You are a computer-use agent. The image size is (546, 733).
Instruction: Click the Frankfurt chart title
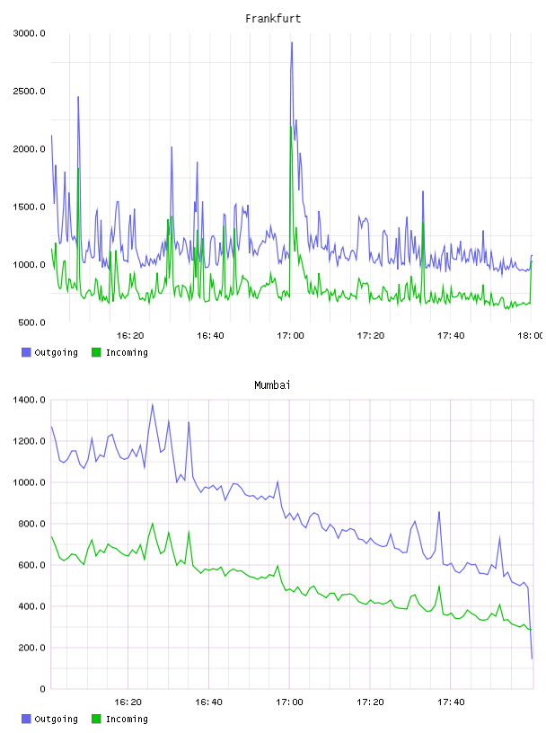273,19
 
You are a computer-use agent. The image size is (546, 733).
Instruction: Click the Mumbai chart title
272,385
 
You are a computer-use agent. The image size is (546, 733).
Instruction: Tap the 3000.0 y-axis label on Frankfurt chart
29,33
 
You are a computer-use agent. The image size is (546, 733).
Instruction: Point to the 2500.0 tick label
29,91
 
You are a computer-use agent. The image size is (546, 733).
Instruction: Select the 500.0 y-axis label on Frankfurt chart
31,322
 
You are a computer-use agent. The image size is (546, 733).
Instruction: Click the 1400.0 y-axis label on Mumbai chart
29,400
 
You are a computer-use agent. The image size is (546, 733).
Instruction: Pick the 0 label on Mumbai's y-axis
42,689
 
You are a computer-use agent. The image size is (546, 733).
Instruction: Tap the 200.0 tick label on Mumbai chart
31,648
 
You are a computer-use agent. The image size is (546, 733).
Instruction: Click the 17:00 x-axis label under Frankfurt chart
290,336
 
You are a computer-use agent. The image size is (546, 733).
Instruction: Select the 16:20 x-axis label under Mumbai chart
128,702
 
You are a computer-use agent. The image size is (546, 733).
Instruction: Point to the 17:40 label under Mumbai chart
451,702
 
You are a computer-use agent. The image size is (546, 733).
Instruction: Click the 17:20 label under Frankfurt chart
371,336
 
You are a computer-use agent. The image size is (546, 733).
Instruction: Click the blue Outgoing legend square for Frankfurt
26,352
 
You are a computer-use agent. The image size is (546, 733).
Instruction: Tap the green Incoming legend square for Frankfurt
96,352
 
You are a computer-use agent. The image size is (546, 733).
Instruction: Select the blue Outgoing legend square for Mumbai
26,719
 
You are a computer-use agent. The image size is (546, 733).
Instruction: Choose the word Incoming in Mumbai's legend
127,719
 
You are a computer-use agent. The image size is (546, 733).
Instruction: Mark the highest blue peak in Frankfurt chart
292,42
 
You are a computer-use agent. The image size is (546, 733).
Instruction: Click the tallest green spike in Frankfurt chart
291,127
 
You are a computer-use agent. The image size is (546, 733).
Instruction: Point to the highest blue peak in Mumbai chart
153,405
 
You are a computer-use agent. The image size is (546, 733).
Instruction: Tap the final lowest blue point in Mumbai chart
532,658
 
